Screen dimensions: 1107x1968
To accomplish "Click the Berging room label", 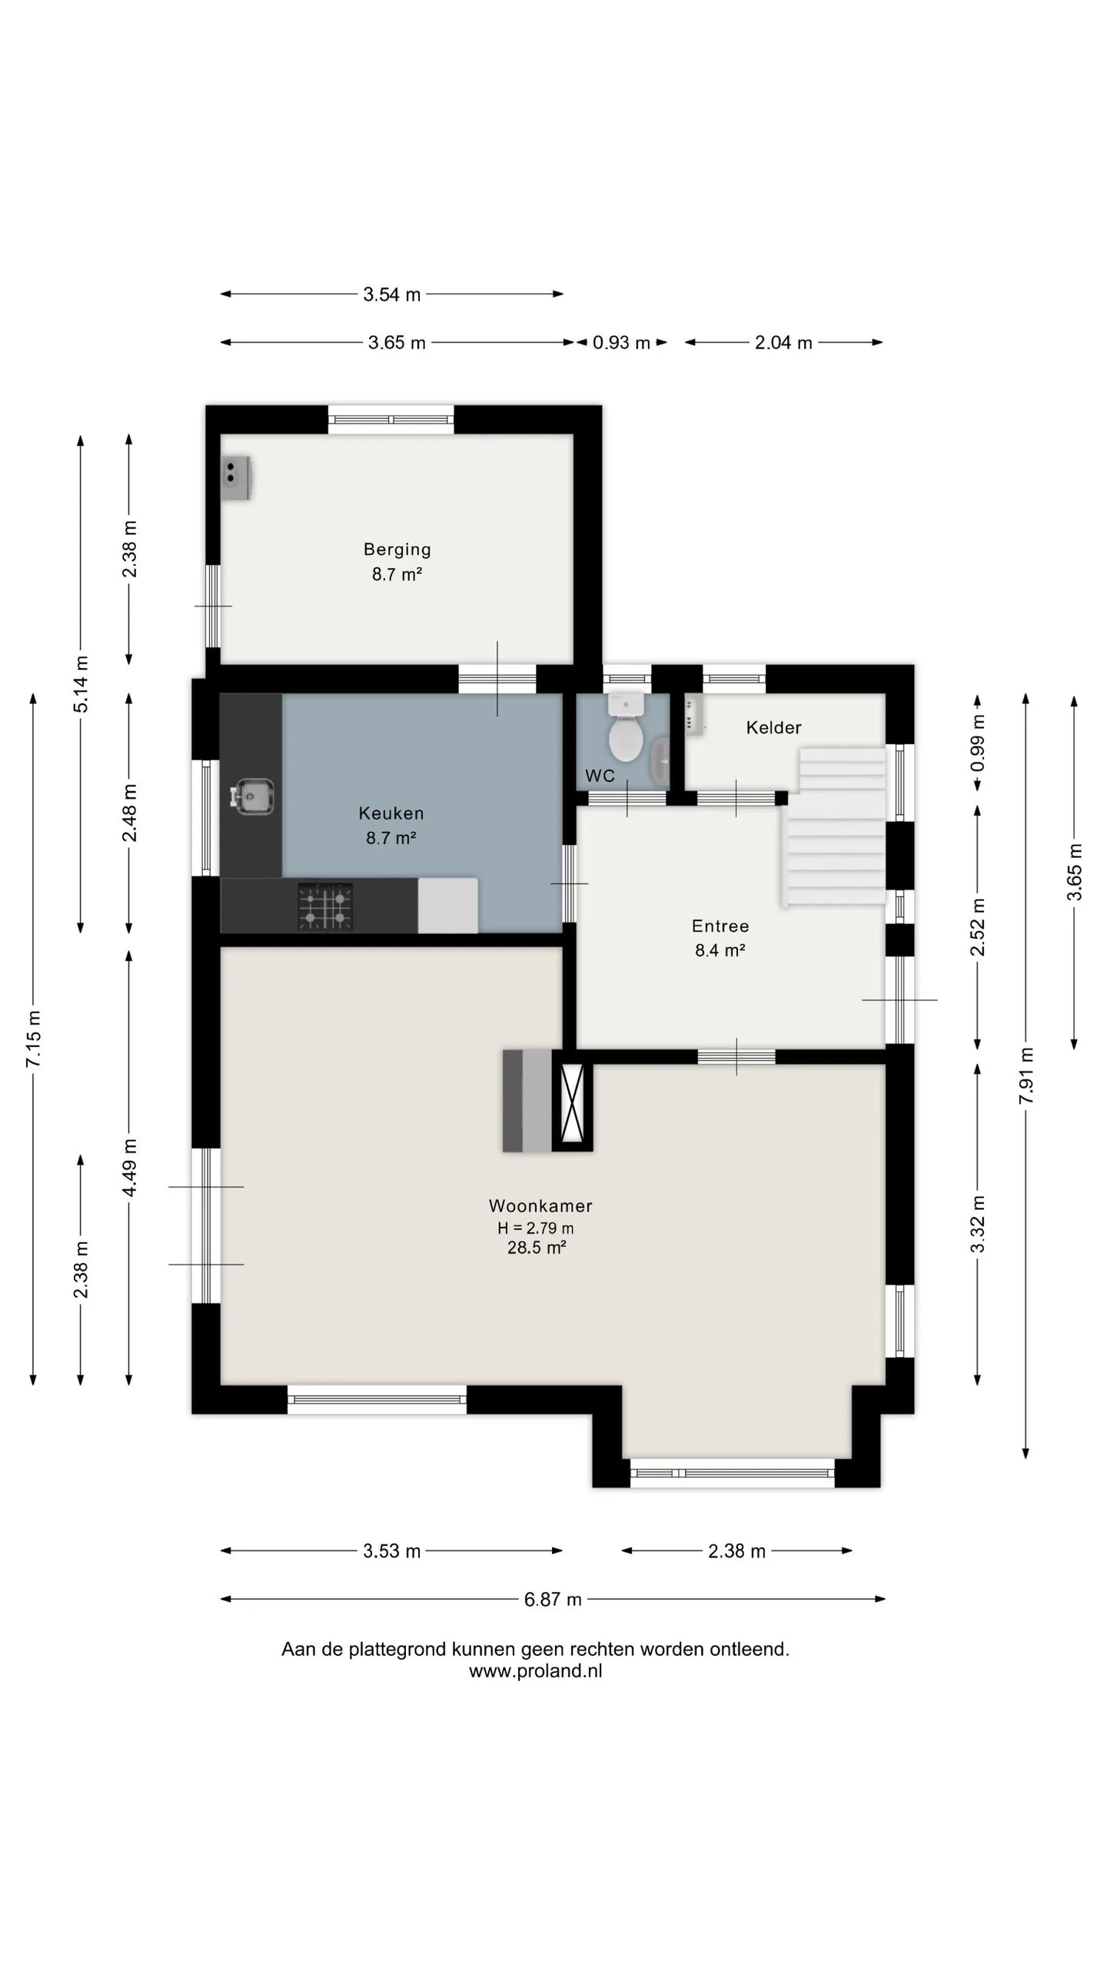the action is click(397, 550).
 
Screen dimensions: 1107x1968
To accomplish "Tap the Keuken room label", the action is click(391, 813).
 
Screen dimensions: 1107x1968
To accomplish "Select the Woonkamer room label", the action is click(540, 1205).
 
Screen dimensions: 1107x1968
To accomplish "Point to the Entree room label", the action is click(720, 926).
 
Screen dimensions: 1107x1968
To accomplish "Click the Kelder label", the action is click(773, 727).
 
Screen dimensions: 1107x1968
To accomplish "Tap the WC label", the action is click(600, 776).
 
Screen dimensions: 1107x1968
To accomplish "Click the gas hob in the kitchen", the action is click(326, 907).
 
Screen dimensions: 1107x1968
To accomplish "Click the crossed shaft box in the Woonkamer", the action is click(572, 1107).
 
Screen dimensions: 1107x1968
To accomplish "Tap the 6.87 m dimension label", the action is click(553, 1600).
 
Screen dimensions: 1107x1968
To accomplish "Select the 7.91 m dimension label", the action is click(1026, 1075).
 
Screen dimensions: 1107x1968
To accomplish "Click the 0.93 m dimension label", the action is click(621, 343).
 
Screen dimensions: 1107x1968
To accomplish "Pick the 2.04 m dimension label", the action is click(783, 343).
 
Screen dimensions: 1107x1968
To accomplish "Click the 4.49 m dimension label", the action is click(129, 1167).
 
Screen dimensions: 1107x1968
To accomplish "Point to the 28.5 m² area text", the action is click(537, 1248).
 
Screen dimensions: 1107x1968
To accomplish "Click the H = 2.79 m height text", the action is click(536, 1228).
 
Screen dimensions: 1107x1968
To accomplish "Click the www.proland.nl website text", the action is click(536, 1671).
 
